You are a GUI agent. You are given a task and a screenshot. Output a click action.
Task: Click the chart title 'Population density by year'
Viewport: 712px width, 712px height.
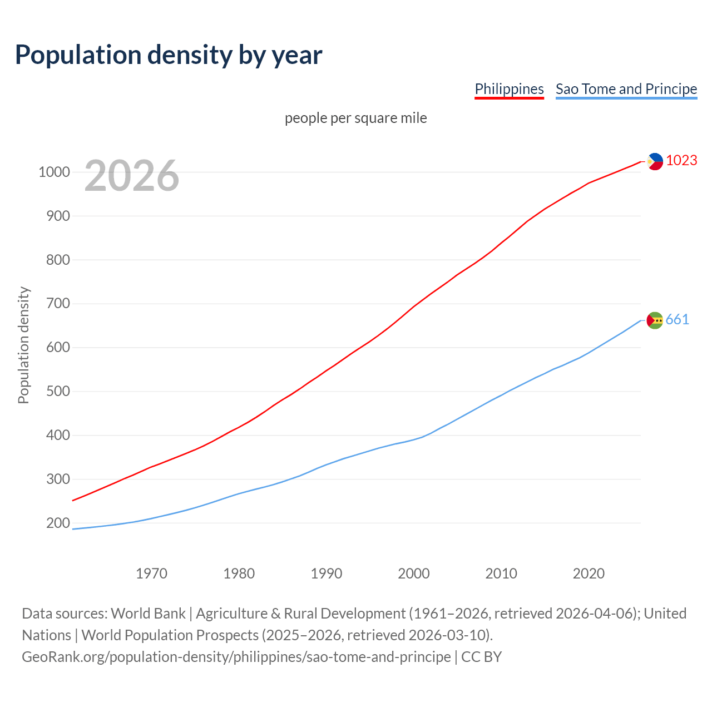click(x=169, y=55)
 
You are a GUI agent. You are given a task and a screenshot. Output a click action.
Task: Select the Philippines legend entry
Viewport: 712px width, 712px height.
click(x=509, y=89)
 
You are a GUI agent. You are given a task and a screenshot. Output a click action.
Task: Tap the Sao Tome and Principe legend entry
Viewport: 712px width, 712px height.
click(x=626, y=89)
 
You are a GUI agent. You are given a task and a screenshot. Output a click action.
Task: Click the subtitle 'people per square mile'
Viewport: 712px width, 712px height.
click(x=356, y=118)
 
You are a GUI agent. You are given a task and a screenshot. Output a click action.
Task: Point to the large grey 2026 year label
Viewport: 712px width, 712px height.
click(x=132, y=176)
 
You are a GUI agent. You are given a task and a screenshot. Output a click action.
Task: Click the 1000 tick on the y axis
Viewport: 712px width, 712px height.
click(x=54, y=172)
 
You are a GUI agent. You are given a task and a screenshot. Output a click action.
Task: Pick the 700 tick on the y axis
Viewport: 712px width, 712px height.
click(x=58, y=304)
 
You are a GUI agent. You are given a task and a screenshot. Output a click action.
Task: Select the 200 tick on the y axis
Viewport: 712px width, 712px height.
click(x=58, y=523)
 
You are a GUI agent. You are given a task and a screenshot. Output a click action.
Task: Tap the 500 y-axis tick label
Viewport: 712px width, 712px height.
click(x=58, y=391)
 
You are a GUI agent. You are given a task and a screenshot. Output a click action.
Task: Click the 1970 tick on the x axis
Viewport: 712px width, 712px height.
click(x=151, y=573)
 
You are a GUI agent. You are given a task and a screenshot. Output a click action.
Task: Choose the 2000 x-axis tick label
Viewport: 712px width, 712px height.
click(x=414, y=573)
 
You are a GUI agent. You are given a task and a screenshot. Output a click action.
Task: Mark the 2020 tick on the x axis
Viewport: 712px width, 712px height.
click(x=589, y=573)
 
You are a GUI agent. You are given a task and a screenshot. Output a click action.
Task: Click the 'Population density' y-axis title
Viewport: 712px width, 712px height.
click(x=23, y=345)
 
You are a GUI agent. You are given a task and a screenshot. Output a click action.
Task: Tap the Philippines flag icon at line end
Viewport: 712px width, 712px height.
click(x=655, y=161)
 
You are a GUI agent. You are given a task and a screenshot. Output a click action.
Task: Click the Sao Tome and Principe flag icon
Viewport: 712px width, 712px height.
click(x=655, y=320)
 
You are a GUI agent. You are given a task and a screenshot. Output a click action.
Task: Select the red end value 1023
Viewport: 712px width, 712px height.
click(x=681, y=161)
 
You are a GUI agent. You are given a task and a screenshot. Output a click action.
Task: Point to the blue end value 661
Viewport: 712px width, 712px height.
click(x=678, y=320)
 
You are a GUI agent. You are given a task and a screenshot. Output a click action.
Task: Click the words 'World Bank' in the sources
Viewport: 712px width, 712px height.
click(x=148, y=614)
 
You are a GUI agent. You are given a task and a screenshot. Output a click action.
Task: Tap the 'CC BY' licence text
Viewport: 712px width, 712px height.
click(x=482, y=657)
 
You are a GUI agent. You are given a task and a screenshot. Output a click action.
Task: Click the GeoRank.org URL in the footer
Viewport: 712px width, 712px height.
click(x=236, y=657)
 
